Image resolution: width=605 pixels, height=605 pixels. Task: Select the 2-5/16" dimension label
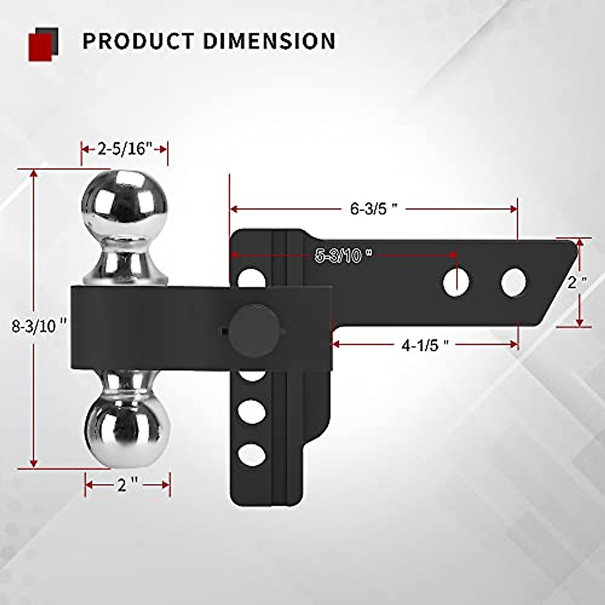click(125, 149)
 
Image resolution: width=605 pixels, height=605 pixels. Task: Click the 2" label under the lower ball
click(127, 485)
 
